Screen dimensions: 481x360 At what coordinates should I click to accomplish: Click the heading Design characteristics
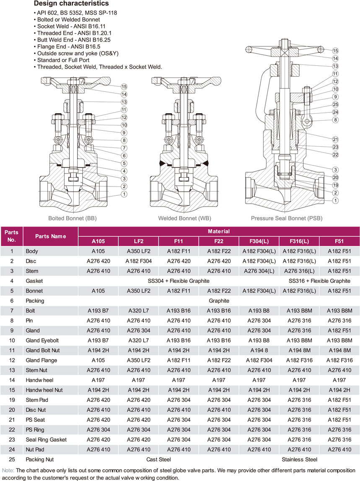click(71, 4)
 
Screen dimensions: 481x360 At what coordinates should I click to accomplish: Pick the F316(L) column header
click(299, 241)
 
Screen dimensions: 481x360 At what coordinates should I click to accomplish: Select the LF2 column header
click(138, 241)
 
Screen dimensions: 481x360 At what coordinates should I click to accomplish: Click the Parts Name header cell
click(51, 236)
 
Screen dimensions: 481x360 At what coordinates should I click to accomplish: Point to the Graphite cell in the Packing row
click(219, 301)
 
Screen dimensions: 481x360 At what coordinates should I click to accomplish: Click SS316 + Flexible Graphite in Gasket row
click(319, 281)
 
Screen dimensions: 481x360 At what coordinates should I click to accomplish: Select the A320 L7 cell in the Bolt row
click(138, 310)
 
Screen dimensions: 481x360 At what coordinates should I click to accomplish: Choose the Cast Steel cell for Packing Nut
click(159, 460)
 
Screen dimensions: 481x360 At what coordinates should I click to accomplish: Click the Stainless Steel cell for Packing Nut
click(299, 460)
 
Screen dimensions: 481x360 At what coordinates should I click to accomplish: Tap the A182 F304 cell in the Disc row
click(138, 261)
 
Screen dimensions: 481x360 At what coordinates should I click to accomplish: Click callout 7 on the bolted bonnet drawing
click(124, 148)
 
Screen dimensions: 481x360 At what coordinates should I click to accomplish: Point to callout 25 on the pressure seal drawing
click(335, 104)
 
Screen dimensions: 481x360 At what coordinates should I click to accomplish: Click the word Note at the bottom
click(8, 470)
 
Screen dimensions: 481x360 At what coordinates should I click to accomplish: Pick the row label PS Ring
click(36, 429)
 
